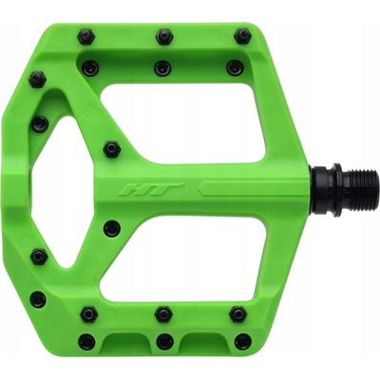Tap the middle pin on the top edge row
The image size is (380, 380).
click(164, 36)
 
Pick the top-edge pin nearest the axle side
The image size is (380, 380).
click(242, 36)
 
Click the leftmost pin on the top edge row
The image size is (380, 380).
click(85, 36)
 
